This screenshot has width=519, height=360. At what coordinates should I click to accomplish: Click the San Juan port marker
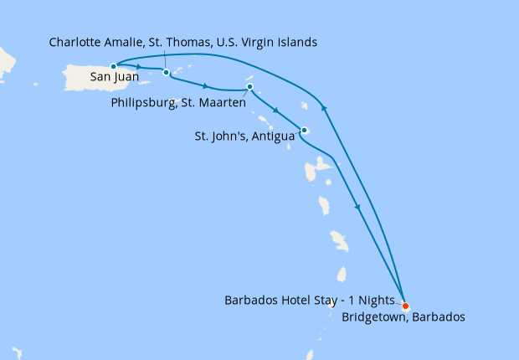[113, 65]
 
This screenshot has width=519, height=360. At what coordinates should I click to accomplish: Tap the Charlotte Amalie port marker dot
[166, 72]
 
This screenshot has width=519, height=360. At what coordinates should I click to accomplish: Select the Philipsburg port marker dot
[249, 87]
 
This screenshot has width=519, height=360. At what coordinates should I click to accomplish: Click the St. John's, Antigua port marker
[304, 130]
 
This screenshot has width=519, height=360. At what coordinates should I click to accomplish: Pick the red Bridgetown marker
[405, 305]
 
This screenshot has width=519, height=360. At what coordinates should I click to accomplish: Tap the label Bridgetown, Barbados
[403, 317]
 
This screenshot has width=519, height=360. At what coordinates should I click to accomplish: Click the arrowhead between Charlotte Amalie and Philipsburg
[205, 85]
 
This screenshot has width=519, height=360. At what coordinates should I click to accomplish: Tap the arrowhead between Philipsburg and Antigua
[277, 110]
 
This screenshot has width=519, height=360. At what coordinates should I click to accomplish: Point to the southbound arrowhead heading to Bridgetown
[360, 208]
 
